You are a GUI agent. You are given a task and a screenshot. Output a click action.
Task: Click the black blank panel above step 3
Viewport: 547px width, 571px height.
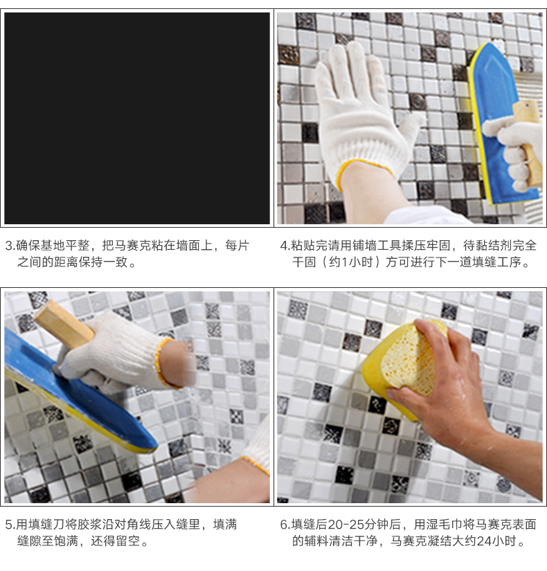point(137,118)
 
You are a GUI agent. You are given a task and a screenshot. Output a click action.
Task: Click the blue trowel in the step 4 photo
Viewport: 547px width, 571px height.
point(503,124)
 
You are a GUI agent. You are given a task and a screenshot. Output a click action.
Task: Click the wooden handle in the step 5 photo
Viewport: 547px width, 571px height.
point(64,325)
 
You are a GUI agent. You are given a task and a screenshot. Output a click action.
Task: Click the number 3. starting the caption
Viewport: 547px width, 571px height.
point(10,246)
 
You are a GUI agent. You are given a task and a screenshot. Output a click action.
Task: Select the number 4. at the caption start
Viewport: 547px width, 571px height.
point(285,246)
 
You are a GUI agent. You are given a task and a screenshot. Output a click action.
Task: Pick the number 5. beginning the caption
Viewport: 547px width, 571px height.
point(10,525)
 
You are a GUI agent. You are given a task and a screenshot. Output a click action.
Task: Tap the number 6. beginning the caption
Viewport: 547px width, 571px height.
point(285,525)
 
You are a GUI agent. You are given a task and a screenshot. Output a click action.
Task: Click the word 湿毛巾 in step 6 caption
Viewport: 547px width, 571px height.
point(445,525)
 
